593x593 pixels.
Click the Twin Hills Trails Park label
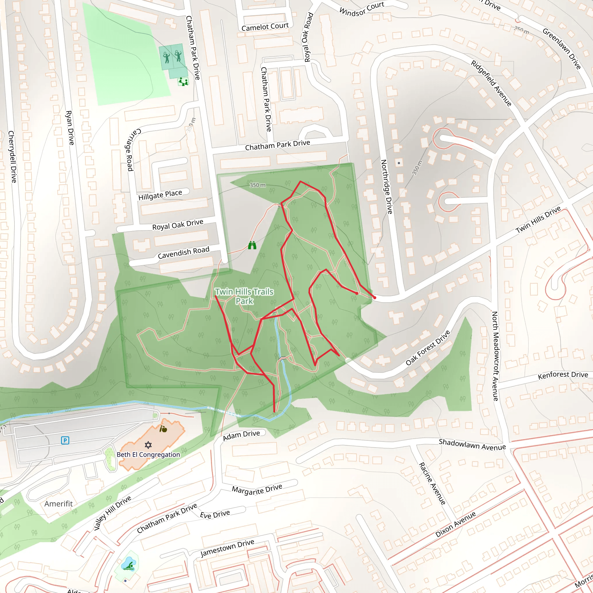point(244,296)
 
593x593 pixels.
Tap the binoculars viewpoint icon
point(252,245)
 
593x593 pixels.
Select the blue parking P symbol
point(65,440)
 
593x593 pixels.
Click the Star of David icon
point(148,445)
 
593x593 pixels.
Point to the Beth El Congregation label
point(148,455)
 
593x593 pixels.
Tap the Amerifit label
point(58,504)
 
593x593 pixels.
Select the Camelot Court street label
point(265,27)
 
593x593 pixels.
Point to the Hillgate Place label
point(160,195)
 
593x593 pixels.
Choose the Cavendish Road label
point(183,252)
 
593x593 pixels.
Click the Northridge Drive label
point(387,187)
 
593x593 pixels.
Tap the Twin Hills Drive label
point(538,219)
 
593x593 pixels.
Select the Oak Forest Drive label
point(428,348)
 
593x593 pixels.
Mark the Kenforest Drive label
point(563,375)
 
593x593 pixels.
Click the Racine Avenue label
point(432,484)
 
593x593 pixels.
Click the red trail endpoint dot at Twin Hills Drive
point(374,297)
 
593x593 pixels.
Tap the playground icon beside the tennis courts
point(183,82)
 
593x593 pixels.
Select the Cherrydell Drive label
point(12,157)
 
